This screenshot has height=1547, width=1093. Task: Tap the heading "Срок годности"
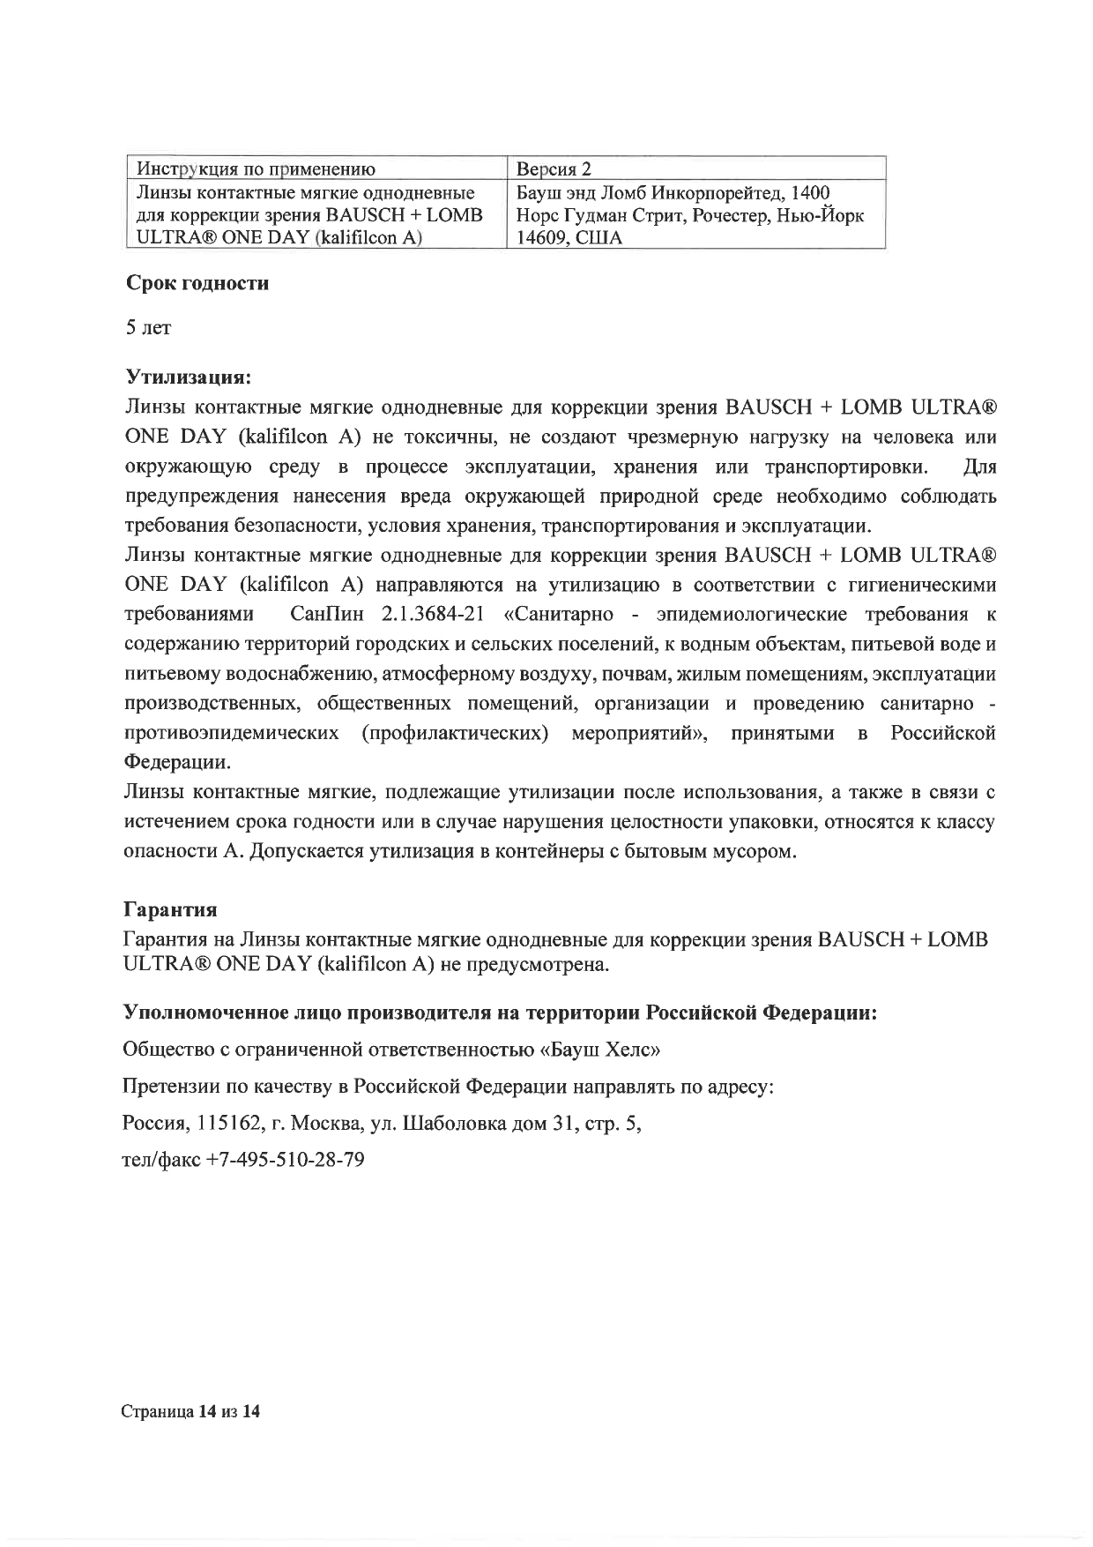click(197, 284)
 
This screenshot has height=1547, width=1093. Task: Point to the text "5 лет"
click(148, 328)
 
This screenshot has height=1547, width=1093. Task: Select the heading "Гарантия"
click(170, 908)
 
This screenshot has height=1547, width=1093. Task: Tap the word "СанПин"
click(326, 613)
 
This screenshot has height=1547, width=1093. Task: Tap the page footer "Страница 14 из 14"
click(191, 1412)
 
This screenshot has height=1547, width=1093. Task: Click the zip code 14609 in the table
click(537, 238)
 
